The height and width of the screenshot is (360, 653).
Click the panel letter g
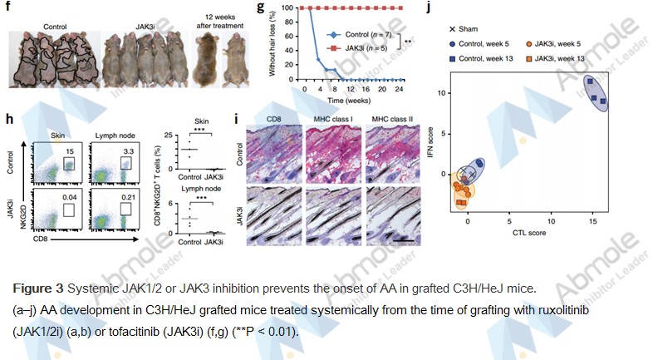pos(262,9)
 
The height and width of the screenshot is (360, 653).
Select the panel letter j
pos(430,9)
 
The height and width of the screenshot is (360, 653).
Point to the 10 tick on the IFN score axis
pos(444,92)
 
